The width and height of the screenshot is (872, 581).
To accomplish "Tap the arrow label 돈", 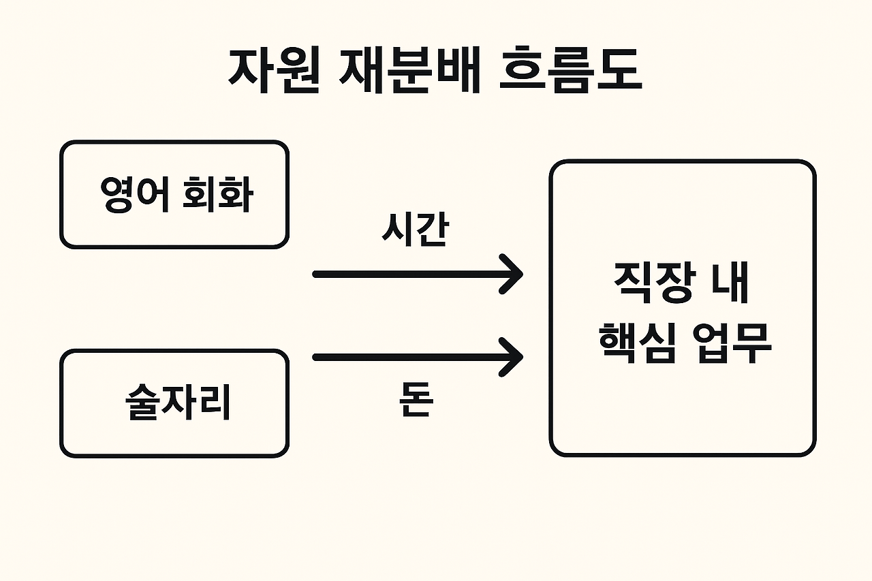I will tap(416, 401).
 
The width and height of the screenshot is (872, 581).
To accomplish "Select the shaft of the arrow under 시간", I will tap(409, 274).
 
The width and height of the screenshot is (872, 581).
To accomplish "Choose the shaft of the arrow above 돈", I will tap(409, 357).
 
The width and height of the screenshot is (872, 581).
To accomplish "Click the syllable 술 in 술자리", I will tap(142, 403).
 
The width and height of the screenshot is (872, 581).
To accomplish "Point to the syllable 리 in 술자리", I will tap(214, 403).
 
